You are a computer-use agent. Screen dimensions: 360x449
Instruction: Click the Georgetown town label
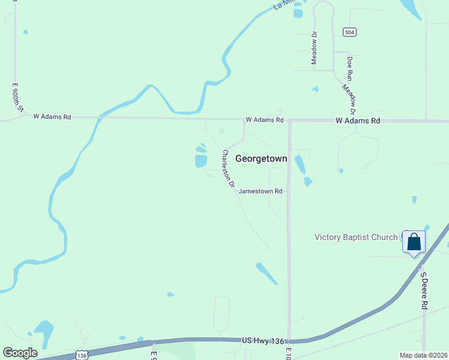pos(261,159)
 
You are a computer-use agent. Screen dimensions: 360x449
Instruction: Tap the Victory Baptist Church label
pos(356,237)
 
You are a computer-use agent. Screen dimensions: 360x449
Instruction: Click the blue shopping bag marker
pos(414,242)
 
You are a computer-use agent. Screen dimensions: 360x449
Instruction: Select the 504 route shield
pos(349,31)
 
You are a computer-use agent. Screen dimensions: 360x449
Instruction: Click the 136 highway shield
pos(82,355)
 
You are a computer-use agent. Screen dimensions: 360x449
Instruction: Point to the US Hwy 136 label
pos(262,340)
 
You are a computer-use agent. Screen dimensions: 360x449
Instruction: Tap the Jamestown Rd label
pos(261,191)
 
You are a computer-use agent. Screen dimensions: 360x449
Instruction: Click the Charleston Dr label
pos(228,170)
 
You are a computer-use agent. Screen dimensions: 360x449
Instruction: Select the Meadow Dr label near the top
pos(313,48)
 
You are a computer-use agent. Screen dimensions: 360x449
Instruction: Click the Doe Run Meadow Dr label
pos(349,86)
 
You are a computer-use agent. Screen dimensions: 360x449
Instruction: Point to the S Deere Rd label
pos(424,291)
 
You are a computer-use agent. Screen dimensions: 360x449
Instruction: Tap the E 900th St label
pos(17,98)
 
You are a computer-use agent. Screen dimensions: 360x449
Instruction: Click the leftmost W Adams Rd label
pos(52,117)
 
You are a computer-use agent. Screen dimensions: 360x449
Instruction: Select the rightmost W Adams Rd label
pos(358,121)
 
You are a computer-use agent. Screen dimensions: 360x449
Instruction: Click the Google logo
pos(20,353)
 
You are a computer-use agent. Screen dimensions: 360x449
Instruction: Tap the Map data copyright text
pos(423,355)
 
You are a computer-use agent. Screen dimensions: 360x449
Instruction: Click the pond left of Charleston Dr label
pos(200,161)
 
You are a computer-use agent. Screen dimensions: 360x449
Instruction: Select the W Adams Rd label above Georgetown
pos(264,120)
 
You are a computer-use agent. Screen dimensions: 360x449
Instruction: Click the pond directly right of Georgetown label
pos(300,164)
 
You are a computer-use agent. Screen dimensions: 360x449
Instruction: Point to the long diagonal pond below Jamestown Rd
pos(266,273)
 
